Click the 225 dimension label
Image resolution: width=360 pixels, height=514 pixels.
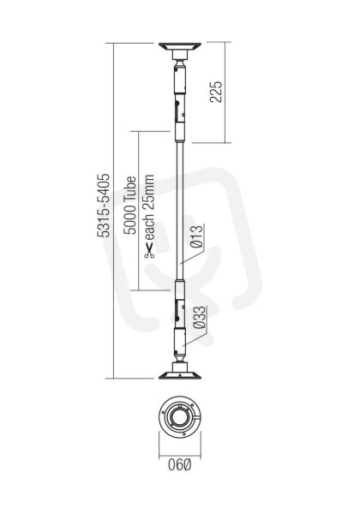[x=216, y=92]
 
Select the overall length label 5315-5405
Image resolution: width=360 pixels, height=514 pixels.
[x=103, y=206]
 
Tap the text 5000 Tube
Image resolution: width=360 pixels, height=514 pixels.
[x=129, y=206]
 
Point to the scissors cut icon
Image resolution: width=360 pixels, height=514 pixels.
[x=149, y=251]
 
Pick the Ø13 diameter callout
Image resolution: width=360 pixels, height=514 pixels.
[x=197, y=236]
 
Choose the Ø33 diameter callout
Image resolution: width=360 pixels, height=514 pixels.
[x=200, y=317]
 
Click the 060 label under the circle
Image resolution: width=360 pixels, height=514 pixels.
[x=179, y=464]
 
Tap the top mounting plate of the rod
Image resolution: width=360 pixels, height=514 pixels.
[x=180, y=46]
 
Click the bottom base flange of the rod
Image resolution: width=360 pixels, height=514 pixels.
[x=180, y=375]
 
